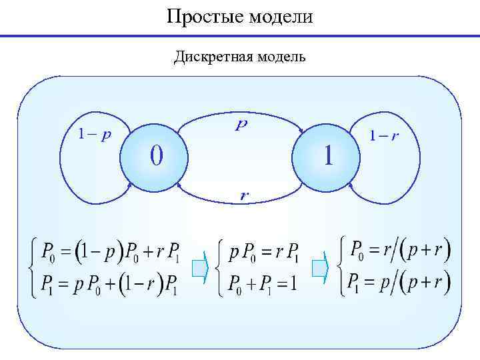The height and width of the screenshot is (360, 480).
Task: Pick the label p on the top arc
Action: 241,125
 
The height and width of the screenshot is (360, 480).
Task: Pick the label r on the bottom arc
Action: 245,195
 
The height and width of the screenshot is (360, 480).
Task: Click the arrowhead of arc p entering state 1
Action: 301,130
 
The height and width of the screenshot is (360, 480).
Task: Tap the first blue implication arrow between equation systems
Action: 200,268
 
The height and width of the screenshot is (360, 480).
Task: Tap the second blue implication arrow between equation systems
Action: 321,268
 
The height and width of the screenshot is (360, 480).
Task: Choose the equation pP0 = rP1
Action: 264,254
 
